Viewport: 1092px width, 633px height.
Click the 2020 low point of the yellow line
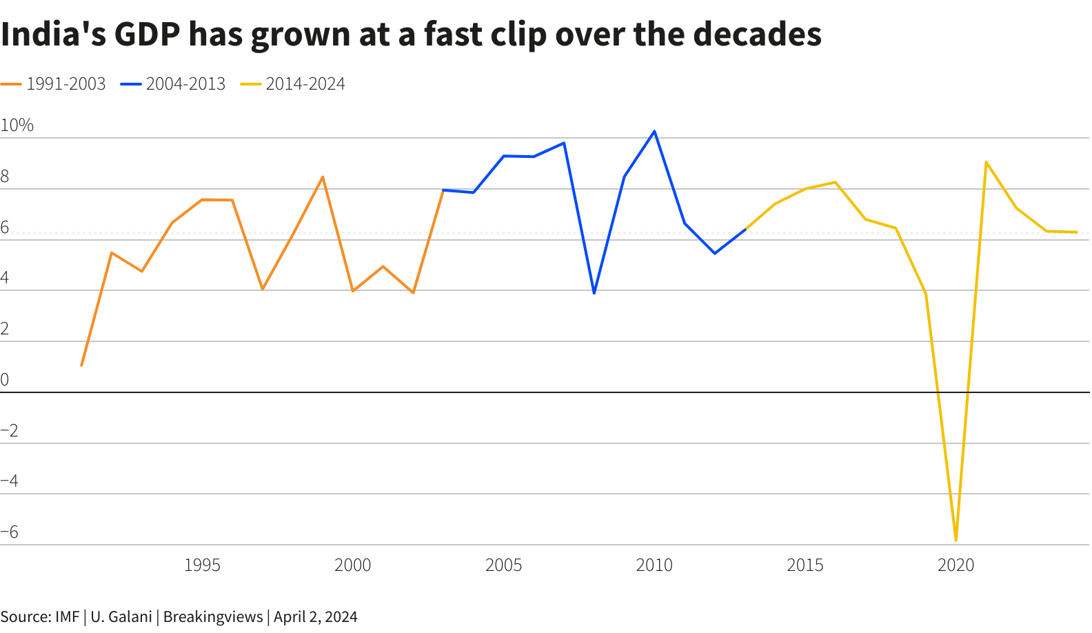(x=956, y=540)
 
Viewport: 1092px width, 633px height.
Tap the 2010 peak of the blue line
(x=654, y=131)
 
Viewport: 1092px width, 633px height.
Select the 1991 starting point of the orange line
(x=81, y=365)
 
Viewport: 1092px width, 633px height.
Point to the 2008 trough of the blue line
(x=594, y=293)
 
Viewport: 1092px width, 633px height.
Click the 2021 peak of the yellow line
(x=986, y=162)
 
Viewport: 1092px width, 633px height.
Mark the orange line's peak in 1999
(x=323, y=177)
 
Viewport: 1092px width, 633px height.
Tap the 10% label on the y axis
(x=17, y=125)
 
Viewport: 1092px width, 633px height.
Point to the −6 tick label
(x=10, y=532)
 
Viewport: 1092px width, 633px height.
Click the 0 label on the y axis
(x=5, y=379)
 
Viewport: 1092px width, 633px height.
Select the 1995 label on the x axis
(x=202, y=565)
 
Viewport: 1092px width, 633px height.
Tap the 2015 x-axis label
(x=805, y=565)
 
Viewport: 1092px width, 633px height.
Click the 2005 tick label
(x=503, y=565)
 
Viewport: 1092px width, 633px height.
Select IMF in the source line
(x=67, y=616)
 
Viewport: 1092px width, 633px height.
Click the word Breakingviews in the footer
(x=213, y=616)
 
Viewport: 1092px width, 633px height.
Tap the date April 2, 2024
(x=316, y=616)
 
